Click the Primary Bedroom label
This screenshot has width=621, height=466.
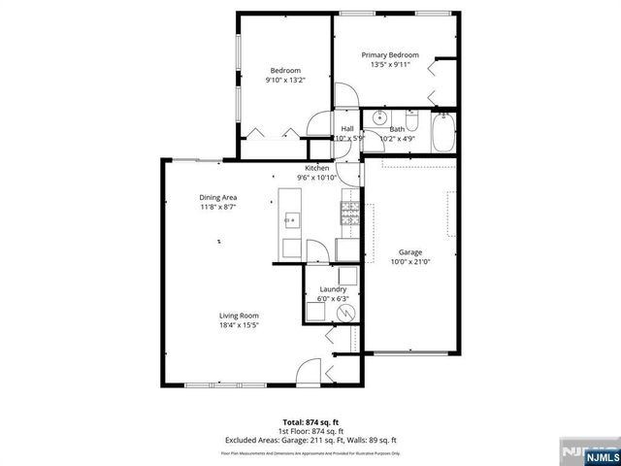pyautogui.click(x=390, y=55)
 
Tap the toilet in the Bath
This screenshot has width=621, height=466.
pyautogui.click(x=412, y=123)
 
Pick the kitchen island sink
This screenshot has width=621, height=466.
pyautogui.click(x=289, y=220)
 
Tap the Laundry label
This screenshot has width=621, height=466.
pyautogui.click(x=334, y=289)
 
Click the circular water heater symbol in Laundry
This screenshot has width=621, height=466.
pyautogui.click(x=346, y=313)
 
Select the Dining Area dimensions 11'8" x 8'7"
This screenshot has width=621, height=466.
pyautogui.click(x=218, y=207)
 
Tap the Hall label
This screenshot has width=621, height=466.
pyautogui.click(x=346, y=128)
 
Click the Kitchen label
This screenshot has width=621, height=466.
pyautogui.click(x=317, y=168)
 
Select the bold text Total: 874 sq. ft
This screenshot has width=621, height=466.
pyautogui.click(x=310, y=422)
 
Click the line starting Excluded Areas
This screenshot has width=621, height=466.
pyautogui.click(x=310, y=440)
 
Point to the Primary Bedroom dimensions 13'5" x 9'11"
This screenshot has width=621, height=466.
pyautogui.click(x=390, y=65)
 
